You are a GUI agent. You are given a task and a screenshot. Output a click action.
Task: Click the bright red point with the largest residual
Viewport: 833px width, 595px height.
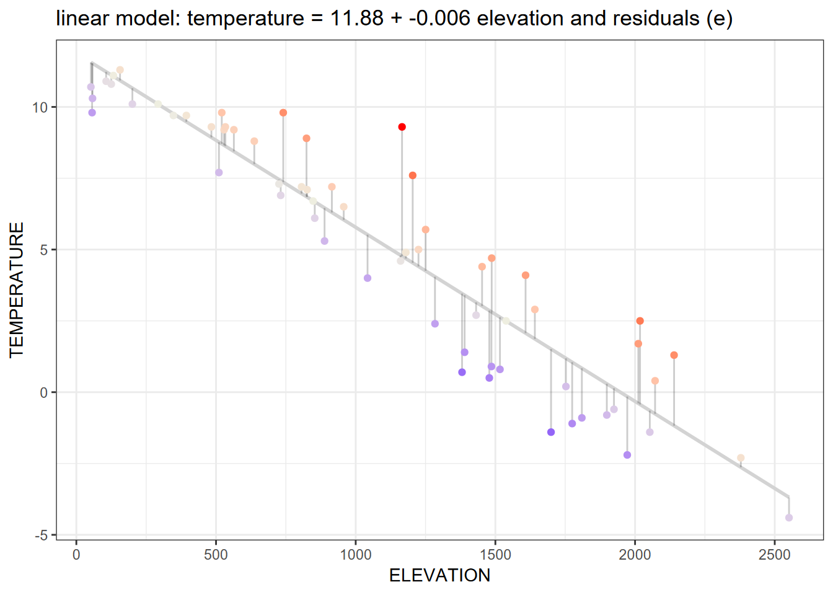(x=402, y=127)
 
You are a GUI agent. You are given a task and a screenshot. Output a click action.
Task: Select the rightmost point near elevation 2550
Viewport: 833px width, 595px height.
(x=788, y=518)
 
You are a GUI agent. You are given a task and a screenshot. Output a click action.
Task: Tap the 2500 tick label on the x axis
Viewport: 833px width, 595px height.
(x=775, y=555)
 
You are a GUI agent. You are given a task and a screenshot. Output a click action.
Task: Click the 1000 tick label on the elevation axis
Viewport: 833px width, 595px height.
(x=356, y=555)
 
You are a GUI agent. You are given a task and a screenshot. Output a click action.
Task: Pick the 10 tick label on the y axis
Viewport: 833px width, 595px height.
(x=40, y=107)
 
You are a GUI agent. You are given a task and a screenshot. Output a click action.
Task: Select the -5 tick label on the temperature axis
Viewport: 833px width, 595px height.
(x=40, y=535)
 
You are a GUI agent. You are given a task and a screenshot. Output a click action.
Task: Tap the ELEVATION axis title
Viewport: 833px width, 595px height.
(x=439, y=576)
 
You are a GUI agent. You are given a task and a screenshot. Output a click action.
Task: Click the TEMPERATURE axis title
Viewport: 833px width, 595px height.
(x=17, y=289)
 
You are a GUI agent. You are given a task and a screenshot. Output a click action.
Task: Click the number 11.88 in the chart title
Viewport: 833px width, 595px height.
(x=356, y=19)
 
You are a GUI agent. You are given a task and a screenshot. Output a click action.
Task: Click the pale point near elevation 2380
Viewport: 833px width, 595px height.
(x=741, y=458)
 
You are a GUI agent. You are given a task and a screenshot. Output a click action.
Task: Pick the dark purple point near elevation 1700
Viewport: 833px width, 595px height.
(x=551, y=432)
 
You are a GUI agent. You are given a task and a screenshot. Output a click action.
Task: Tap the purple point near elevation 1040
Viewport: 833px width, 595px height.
(x=368, y=278)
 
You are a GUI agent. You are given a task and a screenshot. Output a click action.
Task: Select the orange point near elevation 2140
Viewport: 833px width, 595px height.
(x=674, y=355)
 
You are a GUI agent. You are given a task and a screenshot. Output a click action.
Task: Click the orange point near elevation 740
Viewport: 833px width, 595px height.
(x=283, y=113)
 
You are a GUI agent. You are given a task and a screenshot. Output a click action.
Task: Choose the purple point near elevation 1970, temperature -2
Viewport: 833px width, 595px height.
(x=627, y=455)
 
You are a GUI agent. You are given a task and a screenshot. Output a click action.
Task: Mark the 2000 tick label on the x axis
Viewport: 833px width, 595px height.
(x=635, y=555)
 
